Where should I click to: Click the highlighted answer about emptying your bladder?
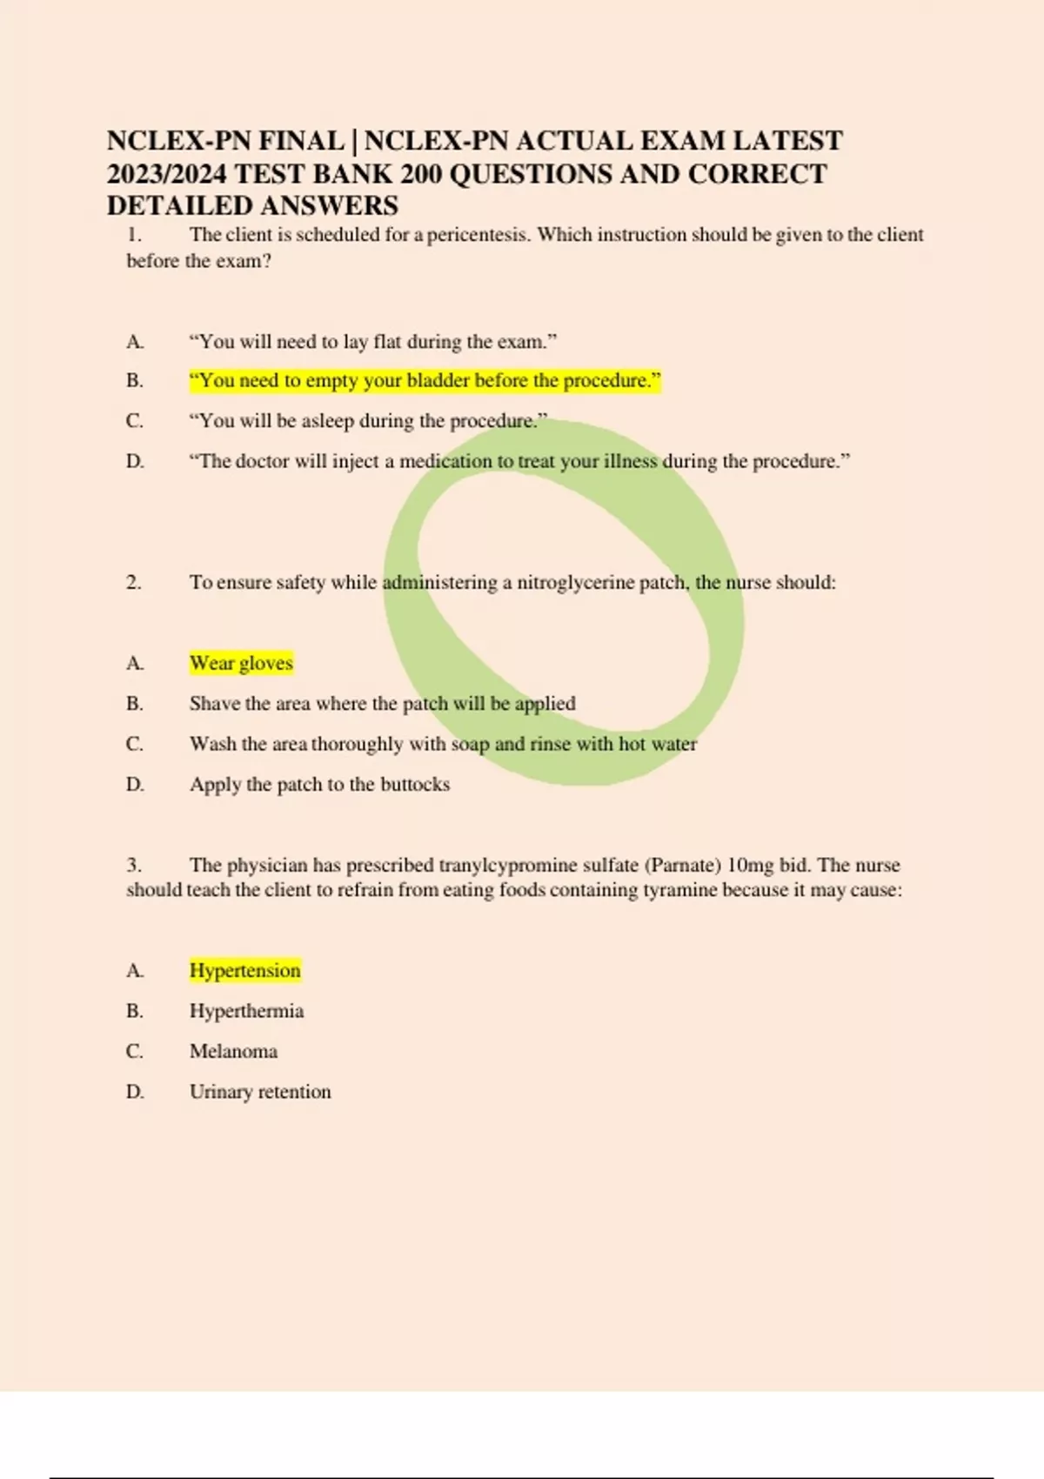tap(425, 381)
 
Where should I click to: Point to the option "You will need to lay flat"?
tap(373, 342)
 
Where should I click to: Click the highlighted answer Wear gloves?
tap(241, 663)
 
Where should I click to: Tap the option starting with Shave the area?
tap(382, 703)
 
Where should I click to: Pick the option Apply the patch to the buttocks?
tap(319, 784)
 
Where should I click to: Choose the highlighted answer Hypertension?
tap(244, 970)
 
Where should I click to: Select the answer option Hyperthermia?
tap(246, 1011)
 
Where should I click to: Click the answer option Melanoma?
tap(233, 1051)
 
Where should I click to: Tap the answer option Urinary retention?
tap(260, 1092)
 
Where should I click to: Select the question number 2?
tap(133, 582)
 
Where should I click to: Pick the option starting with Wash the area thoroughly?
tap(443, 744)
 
